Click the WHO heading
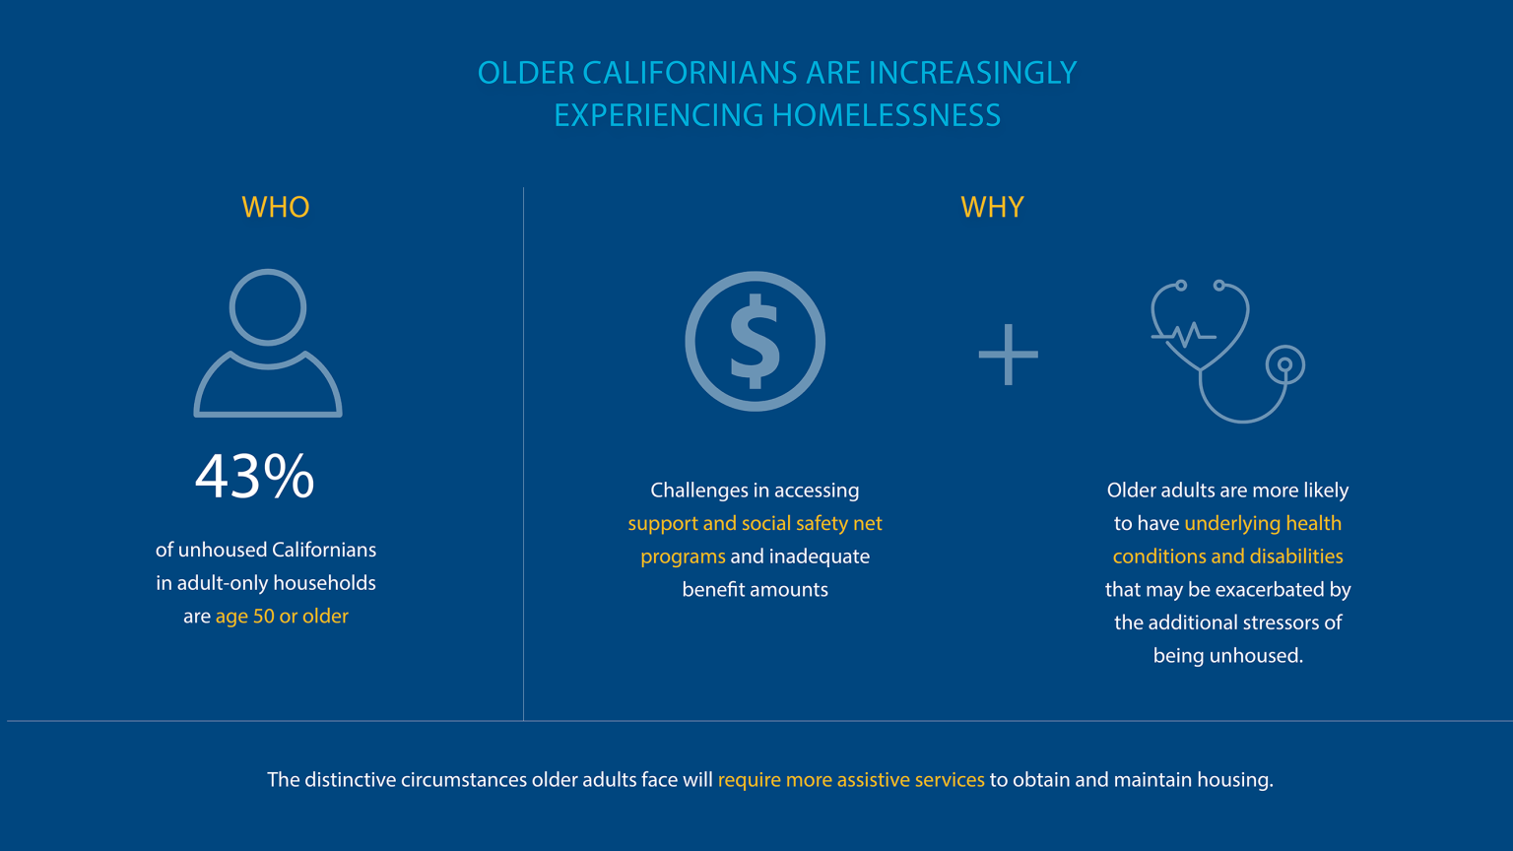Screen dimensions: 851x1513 click(276, 207)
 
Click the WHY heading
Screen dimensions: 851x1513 click(992, 207)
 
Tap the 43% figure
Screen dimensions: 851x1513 click(255, 477)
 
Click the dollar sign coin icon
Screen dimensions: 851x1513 click(756, 342)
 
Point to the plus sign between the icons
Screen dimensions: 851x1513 click(1008, 355)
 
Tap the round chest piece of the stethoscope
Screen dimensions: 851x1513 click(1284, 365)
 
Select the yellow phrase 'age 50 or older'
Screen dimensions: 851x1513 click(282, 617)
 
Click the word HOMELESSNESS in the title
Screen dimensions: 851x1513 click(887, 115)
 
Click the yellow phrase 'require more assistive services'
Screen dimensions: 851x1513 click(851, 780)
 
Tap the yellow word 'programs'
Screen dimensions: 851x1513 click(683, 556)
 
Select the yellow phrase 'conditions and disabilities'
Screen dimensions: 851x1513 click(1227, 556)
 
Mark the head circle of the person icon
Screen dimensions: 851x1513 click(268, 306)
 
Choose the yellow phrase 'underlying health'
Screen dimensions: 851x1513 click(1263, 523)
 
